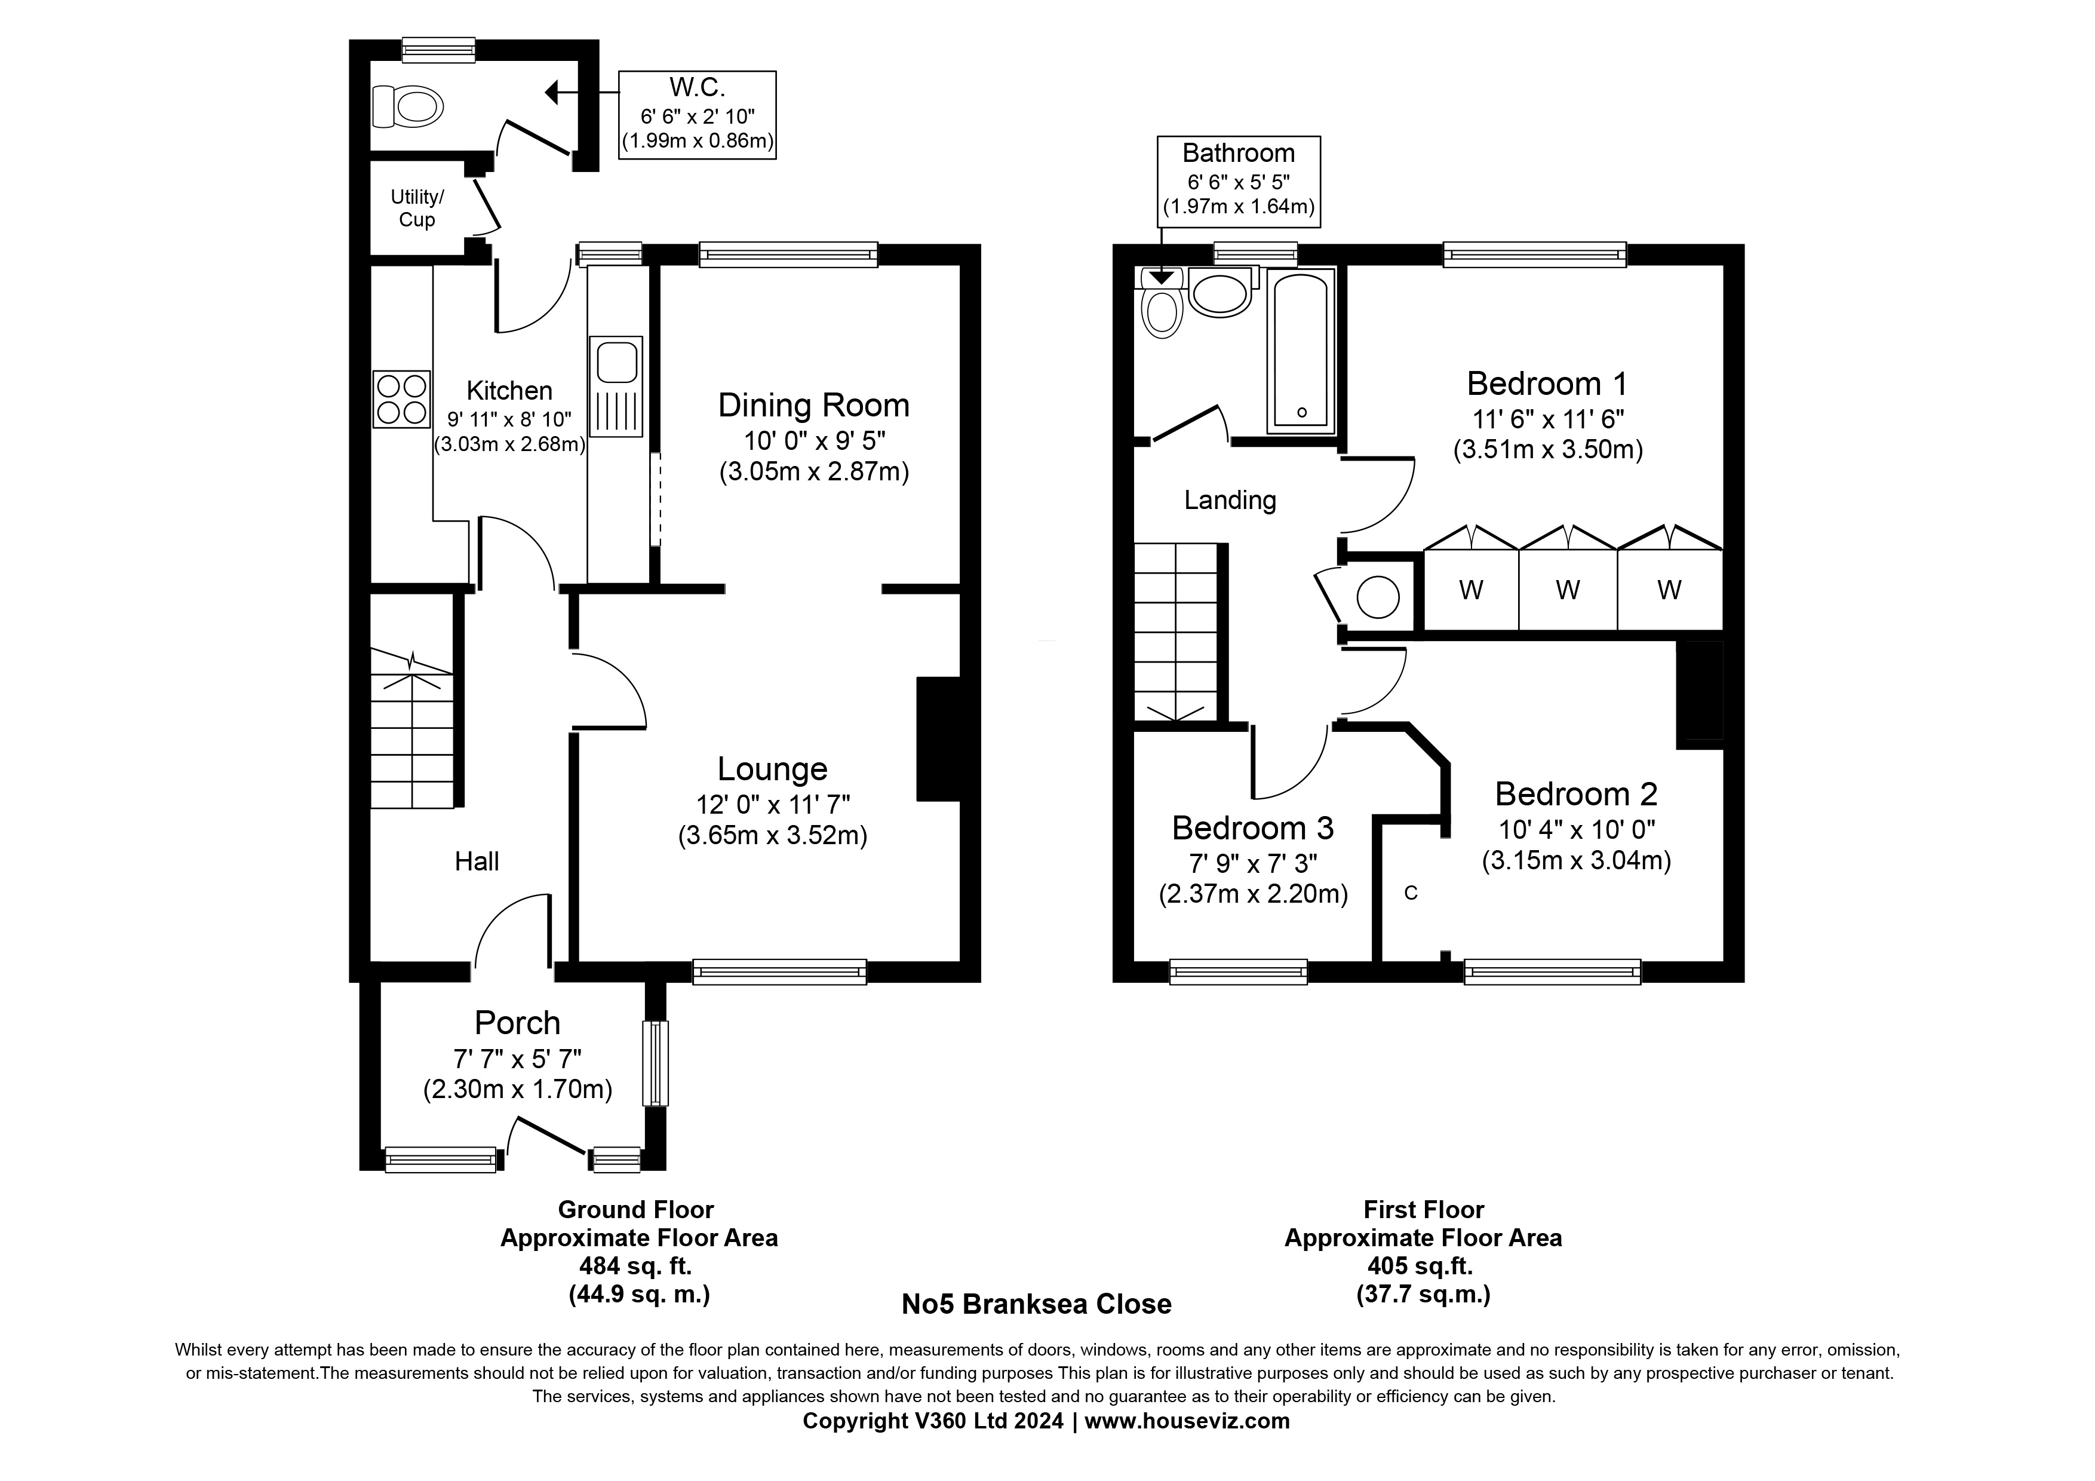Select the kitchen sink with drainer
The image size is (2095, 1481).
click(617, 386)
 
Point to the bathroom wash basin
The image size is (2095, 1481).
click(1220, 293)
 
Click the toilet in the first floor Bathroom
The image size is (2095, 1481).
click(1162, 303)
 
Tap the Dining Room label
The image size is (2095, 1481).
click(813, 405)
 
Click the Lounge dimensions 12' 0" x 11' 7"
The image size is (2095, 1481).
click(773, 805)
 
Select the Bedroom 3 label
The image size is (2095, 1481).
click(1253, 827)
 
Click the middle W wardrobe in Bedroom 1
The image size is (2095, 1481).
click(1568, 590)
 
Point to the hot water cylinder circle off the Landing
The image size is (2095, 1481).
click(1378, 597)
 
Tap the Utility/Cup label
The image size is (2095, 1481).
click(417, 208)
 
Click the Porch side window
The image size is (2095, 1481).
click(655, 1062)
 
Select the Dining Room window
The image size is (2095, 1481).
click(788, 255)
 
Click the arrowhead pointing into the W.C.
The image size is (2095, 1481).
click(552, 92)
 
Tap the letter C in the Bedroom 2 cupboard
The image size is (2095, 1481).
click(1411, 893)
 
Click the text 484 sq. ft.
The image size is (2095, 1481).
click(636, 1267)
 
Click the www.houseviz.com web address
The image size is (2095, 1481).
click(1187, 1421)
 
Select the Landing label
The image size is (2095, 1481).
click(1230, 500)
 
